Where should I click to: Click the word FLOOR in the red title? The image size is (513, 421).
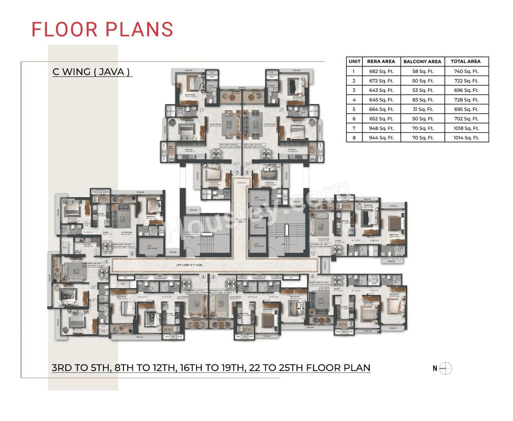point(65,30)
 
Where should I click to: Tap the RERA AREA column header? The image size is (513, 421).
point(381,62)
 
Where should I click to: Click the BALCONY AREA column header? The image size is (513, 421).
point(422,62)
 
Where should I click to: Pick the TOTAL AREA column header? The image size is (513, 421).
point(465,62)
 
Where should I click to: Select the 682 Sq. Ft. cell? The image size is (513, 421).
point(381,71)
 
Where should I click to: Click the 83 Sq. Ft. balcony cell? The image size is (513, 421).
point(422,100)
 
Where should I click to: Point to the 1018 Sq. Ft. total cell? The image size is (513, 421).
point(466,128)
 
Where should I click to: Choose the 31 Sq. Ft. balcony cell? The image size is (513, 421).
point(422,109)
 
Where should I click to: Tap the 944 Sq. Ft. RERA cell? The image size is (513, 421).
point(381,138)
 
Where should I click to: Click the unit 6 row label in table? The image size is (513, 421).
point(354,119)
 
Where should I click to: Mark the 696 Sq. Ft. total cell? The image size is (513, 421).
point(466,91)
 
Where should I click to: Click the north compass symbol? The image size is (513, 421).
point(445,368)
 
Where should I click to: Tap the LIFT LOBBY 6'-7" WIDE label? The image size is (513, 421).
point(189,265)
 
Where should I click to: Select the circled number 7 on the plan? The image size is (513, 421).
point(237,173)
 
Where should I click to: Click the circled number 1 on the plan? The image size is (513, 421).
point(313,253)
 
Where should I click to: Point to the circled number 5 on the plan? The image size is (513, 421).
point(107,262)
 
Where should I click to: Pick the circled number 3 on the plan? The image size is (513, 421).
point(213,277)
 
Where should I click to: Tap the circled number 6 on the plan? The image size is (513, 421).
point(132,254)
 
